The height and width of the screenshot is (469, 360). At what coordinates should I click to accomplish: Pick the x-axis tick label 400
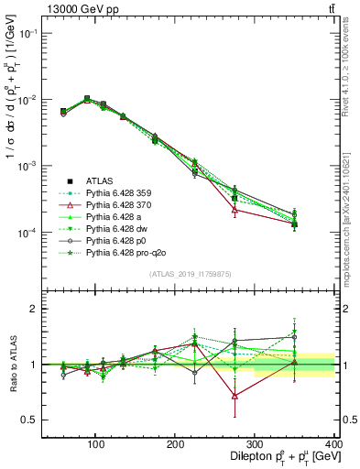[333, 443]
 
